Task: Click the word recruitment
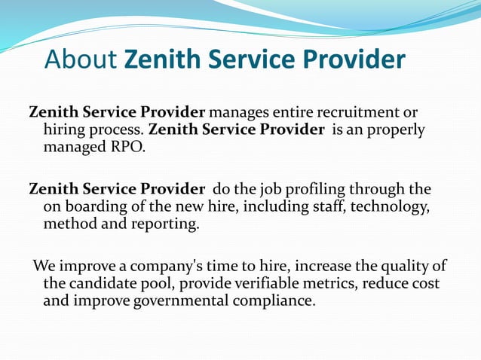[x=348, y=113]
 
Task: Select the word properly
[x=394, y=130]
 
